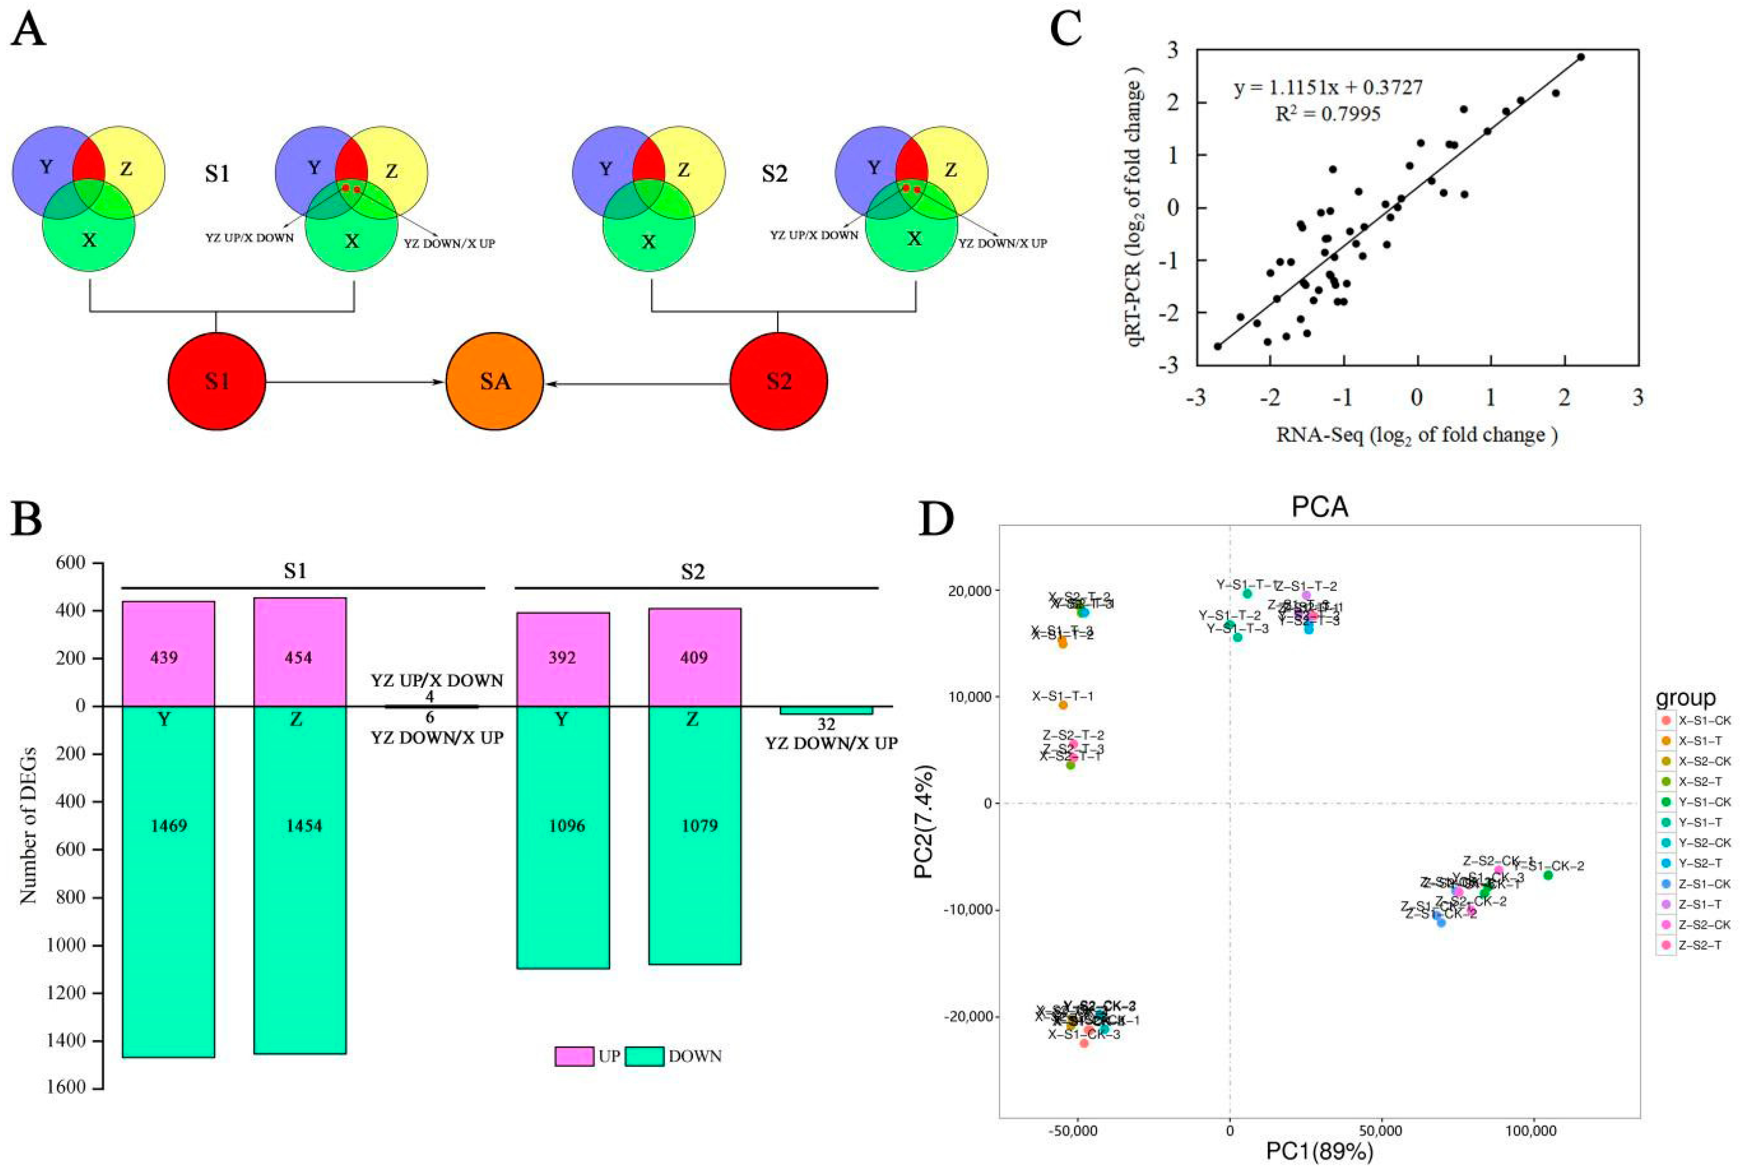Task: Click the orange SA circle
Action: (x=494, y=382)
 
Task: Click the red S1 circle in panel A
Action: (x=217, y=382)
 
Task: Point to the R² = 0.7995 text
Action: (x=1327, y=114)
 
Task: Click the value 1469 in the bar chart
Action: (x=168, y=826)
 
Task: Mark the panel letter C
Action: (x=1066, y=30)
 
